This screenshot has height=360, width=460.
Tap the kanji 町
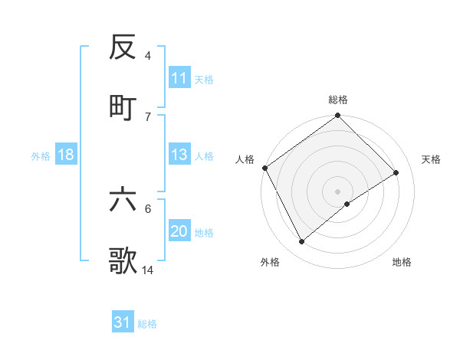[123, 107]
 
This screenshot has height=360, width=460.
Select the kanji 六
[123, 200]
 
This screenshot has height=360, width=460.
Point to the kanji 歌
[123, 261]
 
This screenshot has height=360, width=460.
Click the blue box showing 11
[179, 78]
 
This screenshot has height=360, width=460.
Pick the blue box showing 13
[179, 155]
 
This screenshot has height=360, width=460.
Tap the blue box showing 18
[66, 155]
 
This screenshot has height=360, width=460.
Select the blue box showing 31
[123, 323]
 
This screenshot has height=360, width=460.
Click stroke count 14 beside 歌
[148, 270]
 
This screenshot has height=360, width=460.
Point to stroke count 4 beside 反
[148, 56]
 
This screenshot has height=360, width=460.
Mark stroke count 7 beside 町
[148, 116]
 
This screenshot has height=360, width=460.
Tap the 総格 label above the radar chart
[337, 100]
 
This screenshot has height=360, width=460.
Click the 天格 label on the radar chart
[431, 159]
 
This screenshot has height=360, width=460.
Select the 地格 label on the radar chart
[402, 262]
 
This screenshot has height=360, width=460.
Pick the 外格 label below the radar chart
[270, 262]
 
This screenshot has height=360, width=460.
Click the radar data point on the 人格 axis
[264, 168]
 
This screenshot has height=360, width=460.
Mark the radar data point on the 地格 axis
[347, 204]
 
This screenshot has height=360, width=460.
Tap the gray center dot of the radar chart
[337, 191]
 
